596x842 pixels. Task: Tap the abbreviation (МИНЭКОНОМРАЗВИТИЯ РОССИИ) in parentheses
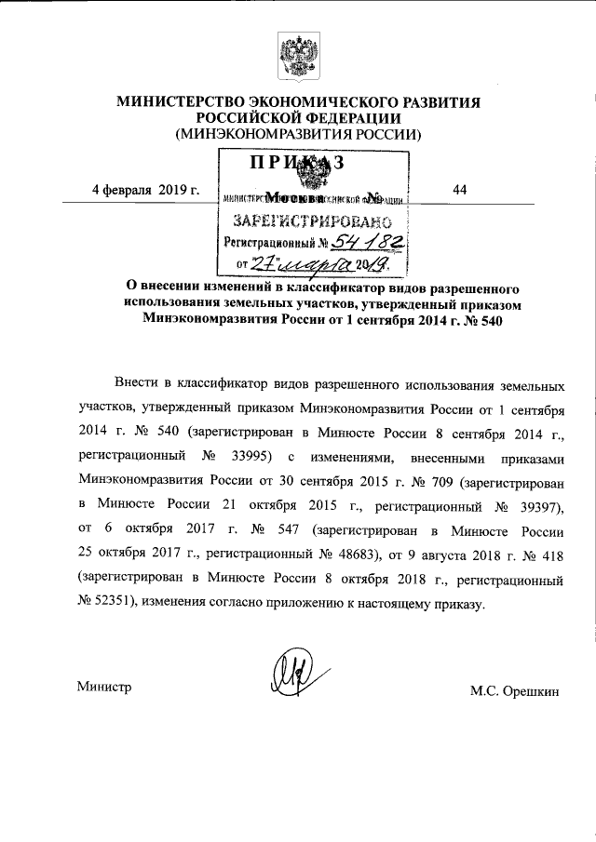coord(298,134)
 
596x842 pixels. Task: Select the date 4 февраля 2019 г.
coord(146,190)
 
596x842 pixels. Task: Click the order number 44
coord(458,190)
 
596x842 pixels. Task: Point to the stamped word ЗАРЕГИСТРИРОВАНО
coord(309,222)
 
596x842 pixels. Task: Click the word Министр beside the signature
coord(104,688)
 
